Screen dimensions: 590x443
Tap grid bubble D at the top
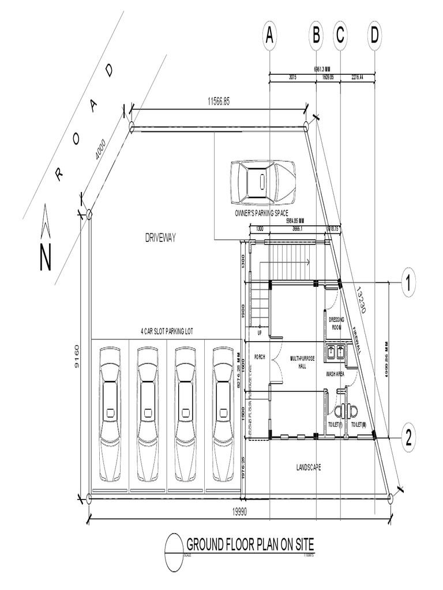[x=375, y=36]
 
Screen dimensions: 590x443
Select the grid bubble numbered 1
[x=408, y=283]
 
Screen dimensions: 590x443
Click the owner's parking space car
[x=262, y=182]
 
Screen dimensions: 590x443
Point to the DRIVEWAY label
[x=160, y=237]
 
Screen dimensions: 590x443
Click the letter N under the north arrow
[x=46, y=258]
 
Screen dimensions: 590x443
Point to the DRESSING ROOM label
[x=336, y=323]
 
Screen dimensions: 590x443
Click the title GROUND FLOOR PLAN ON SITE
[x=250, y=544]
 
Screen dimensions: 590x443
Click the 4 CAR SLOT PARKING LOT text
[x=167, y=331]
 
